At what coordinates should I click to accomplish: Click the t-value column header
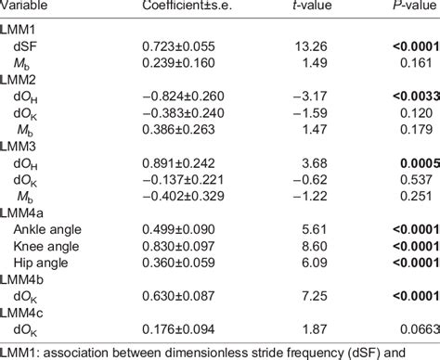pyautogui.click(x=312, y=5)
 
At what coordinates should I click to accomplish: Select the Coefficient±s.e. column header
pyautogui.click(x=187, y=5)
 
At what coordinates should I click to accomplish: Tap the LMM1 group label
pyautogui.click(x=18, y=30)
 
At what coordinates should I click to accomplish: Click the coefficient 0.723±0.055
pyautogui.click(x=178, y=46)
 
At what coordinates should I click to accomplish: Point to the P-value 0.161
pyautogui.click(x=416, y=63)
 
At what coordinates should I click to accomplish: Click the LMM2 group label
pyautogui.click(x=18, y=80)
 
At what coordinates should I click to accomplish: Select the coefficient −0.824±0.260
pyautogui.click(x=183, y=96)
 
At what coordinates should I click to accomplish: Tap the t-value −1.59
pyautogui.click(x=310, y=113)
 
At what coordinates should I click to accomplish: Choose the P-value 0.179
pyautogui.click(x=416, y=130)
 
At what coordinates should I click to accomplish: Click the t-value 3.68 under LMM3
pyautogui.click(x=315, y=163)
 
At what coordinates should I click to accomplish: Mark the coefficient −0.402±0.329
pyautogui.click(x=183, y=196)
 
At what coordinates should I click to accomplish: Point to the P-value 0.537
pyautogui.click(x=416, y=180)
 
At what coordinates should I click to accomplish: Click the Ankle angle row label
pyautogui.click(x=47, y=230)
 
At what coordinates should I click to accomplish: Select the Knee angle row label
pyautogui.click(x=46, y=247)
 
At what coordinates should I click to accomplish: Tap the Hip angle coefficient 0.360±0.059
pyautogui.click(x=178, y=263)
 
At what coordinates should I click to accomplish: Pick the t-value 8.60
pyautogui.click(x=315, y=247)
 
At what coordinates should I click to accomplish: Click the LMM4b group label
pyautogui.click(x=21, y=280)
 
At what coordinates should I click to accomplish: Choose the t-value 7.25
pyautogui.click(x=315, y=296)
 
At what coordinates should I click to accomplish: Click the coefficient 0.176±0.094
pyautogui.click(x=178, y=329)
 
